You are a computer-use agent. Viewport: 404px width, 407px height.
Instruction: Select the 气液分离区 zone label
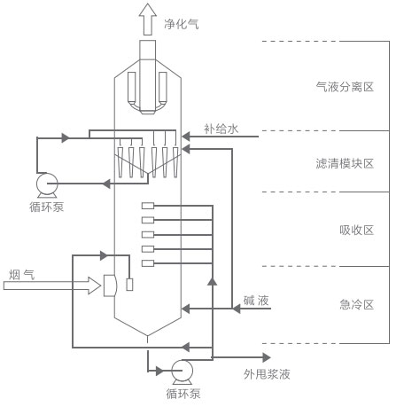pyautogui.click(x=345, y=87)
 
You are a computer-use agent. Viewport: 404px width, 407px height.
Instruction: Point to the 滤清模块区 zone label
pyautogui.click(x=345, y=164)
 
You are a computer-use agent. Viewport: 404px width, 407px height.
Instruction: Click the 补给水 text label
pyautogui.click(x=221, y=129)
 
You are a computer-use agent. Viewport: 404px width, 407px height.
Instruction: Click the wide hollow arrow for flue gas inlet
pyautogui.click(x=53, y=286)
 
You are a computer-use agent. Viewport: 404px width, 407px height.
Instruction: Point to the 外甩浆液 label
pyautogui.click(x=267, y=374)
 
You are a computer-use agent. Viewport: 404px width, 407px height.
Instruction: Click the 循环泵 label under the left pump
pyautogui.click(x=45, y=207)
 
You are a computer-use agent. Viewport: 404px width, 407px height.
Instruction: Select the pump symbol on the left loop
pyautogui.click(x=44, y=184)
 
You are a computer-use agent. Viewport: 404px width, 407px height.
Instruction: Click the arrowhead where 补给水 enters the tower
pyautogui.click(x=187, y=138)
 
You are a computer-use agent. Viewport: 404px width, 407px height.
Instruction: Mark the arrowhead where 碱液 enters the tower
pyautogui.click(x=187, y=309)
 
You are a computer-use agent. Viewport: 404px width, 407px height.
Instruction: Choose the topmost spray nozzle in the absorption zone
pyautogui.click(x=147, y=207)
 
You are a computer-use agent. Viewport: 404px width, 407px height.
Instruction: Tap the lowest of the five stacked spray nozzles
pyautogui.click(x=147, y=263)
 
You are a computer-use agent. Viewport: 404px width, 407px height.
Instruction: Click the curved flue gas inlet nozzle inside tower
pyautogui.click(x=110, y=286)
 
